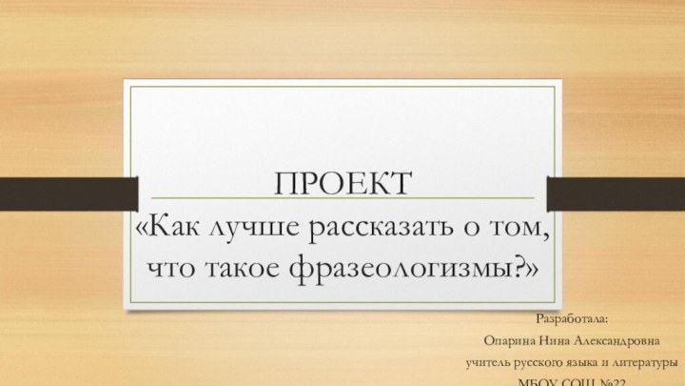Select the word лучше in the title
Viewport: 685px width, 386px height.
pos(250,229)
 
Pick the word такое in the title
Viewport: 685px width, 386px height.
pos(237,271)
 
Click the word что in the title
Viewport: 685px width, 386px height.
pos(171,271)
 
